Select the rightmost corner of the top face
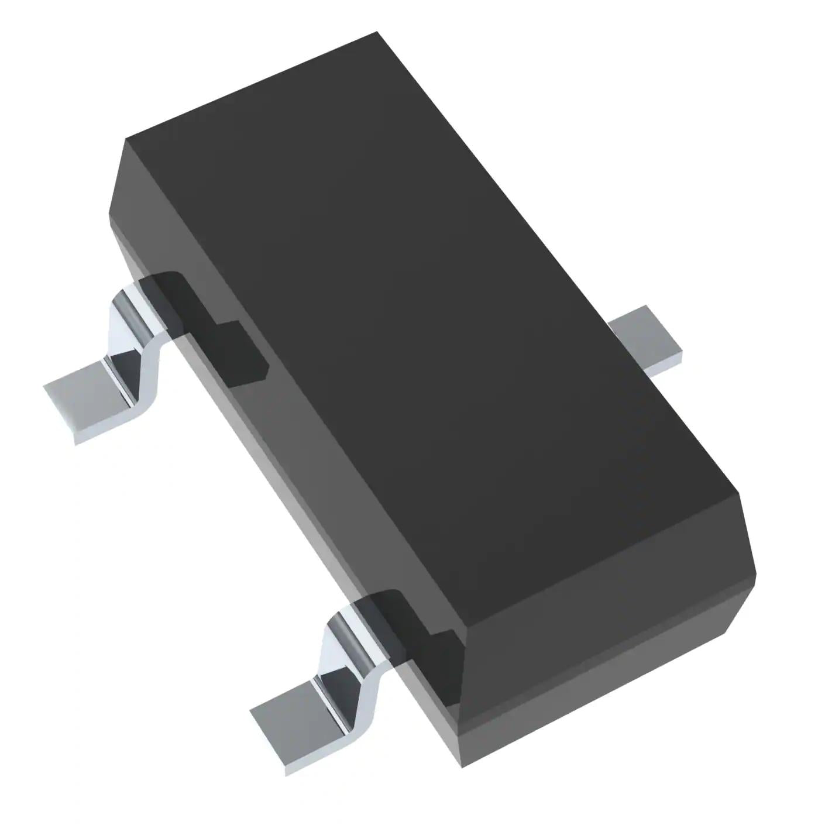point(738,493)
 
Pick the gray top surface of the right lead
point(644,331)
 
